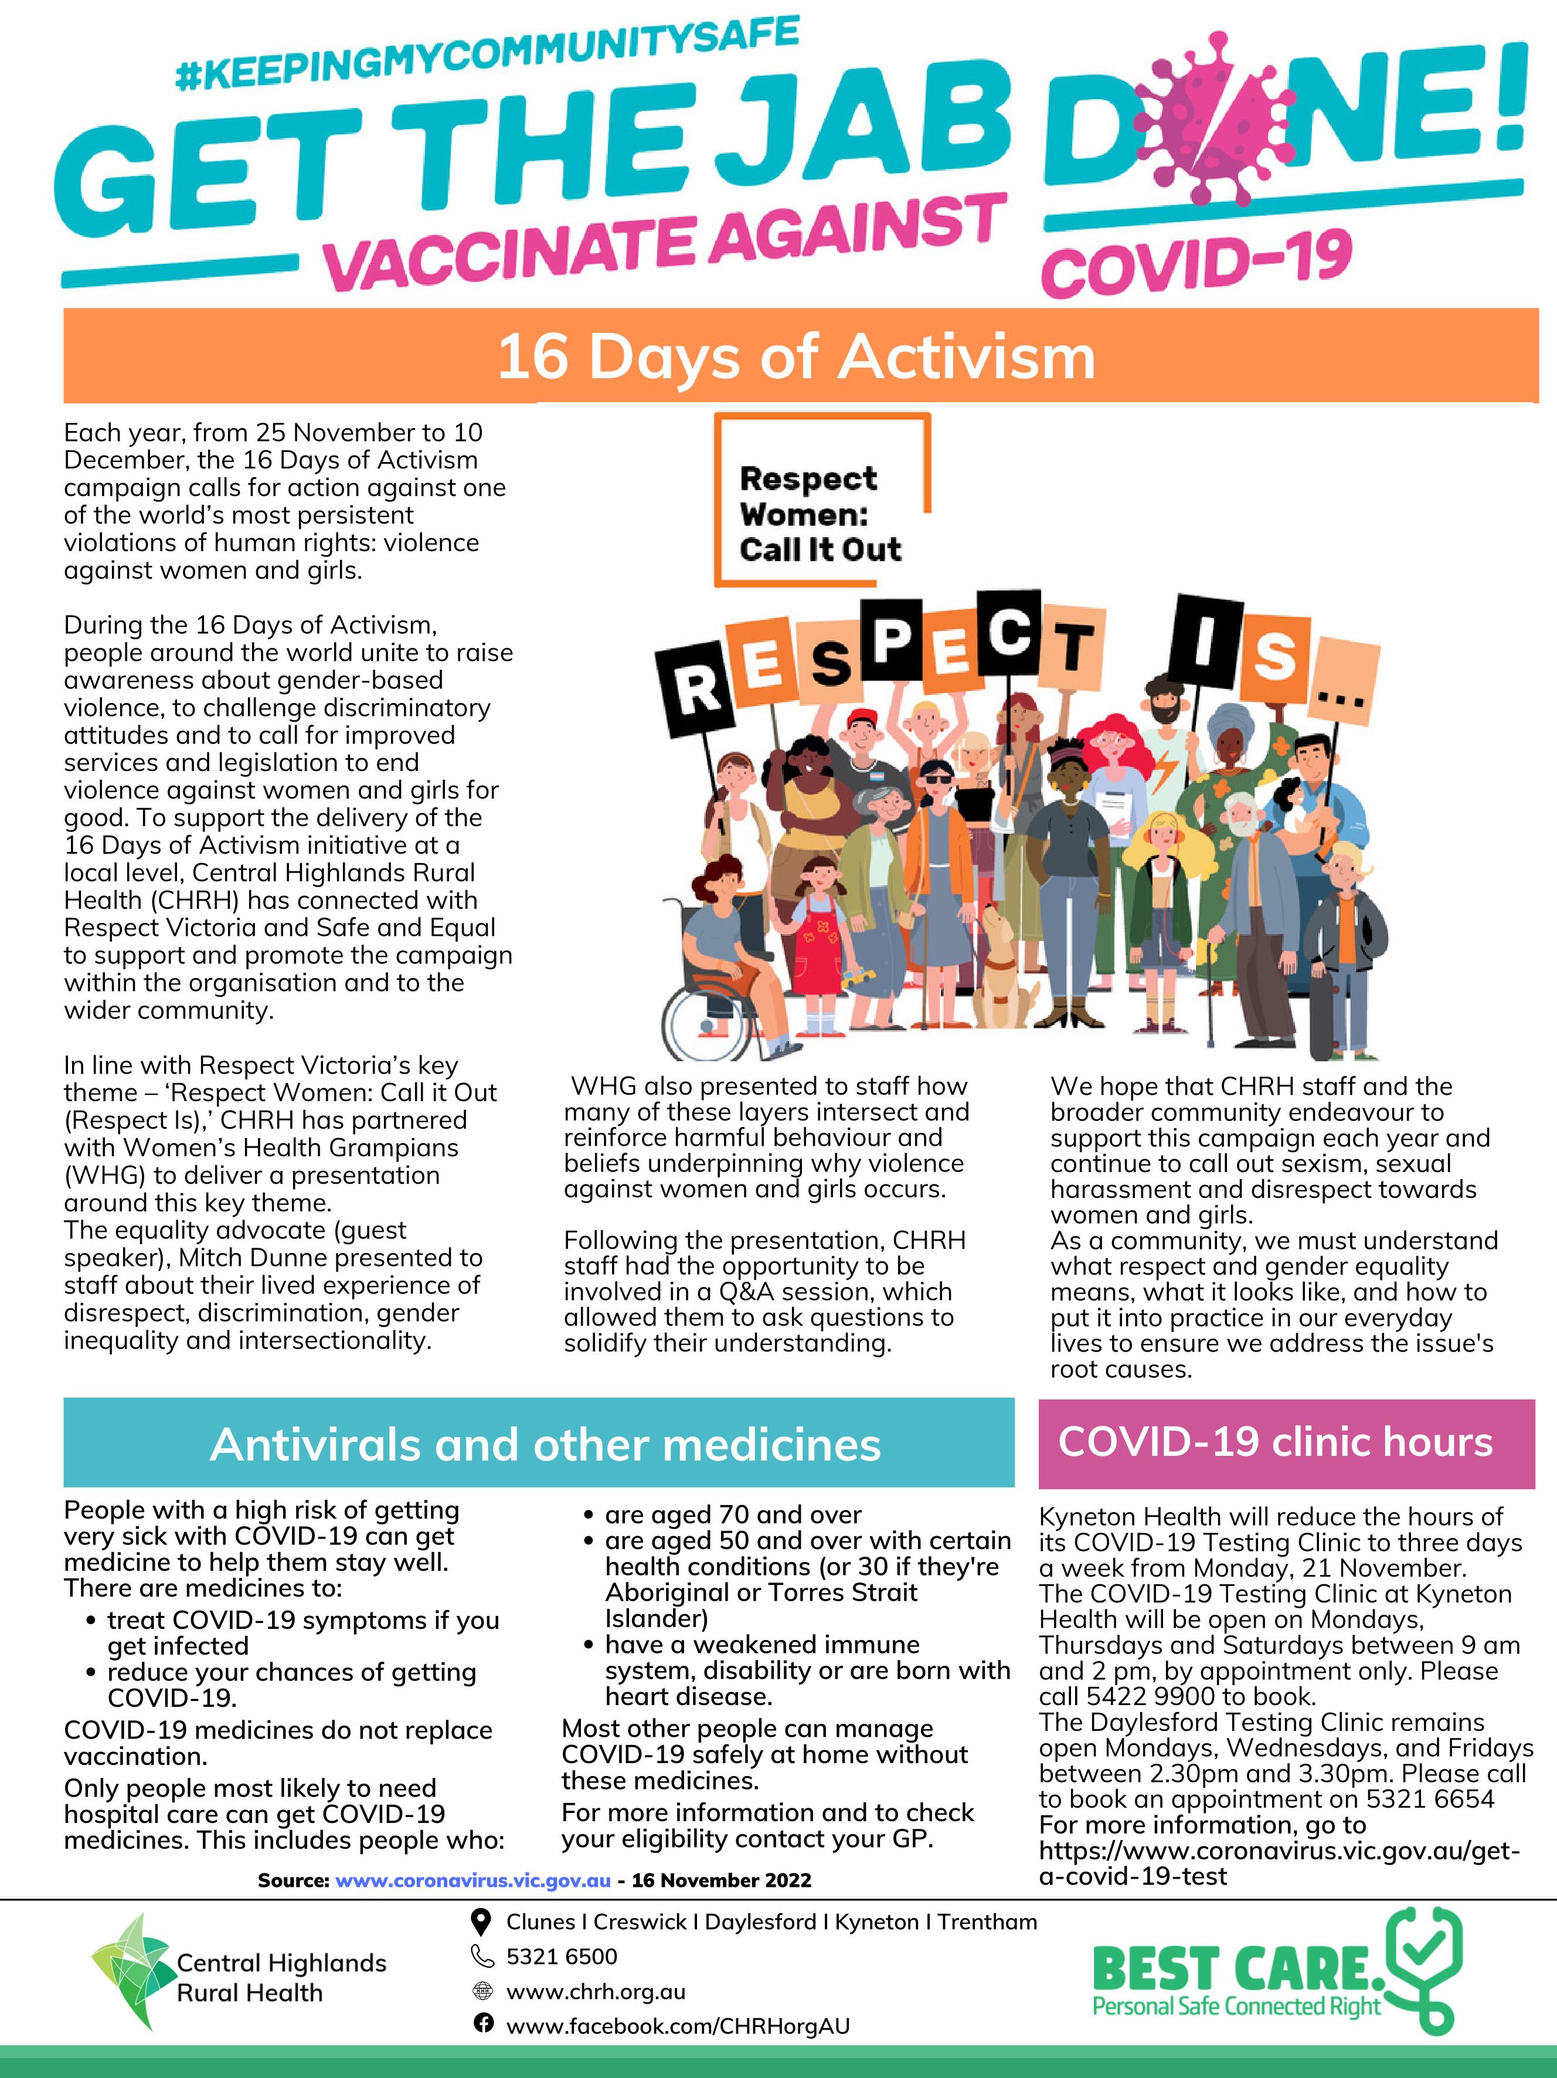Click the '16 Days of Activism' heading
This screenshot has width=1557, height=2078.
[796, 357]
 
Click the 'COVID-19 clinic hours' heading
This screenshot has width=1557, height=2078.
[1275, 1442]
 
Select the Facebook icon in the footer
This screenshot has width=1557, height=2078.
[482, 2022]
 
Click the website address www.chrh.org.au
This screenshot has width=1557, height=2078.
[596, 1992]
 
